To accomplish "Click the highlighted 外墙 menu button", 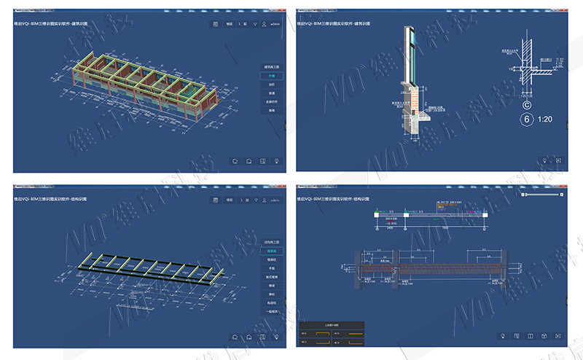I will [271, 76].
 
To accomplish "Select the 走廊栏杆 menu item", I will [271, 101].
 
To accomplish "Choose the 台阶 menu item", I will [271, 85].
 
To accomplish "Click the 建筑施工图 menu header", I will [271, 66].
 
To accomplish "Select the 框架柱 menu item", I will [271, 259].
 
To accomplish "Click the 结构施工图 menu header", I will [271, 242].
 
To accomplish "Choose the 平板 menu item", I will [271, 267].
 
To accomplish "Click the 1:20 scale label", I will [544, 118].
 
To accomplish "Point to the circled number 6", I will [524, 118].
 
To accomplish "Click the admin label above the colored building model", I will [275, 24].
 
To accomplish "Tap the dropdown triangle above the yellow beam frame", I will [254, 200].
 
